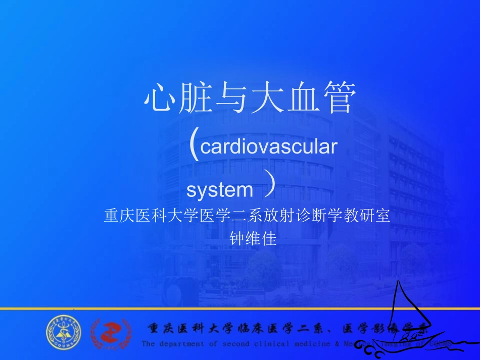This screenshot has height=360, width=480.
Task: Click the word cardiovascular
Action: [x=268, y=147]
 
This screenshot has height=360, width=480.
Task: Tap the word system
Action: [x=220, y=190]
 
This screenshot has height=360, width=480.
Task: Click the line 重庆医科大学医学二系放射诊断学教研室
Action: [x=247, y=216]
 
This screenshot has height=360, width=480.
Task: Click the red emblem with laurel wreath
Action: [x=110, y=333]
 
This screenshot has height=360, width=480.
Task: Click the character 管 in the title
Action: [x=339, y=98]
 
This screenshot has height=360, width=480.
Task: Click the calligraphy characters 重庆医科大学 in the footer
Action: [x=189, y=329]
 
